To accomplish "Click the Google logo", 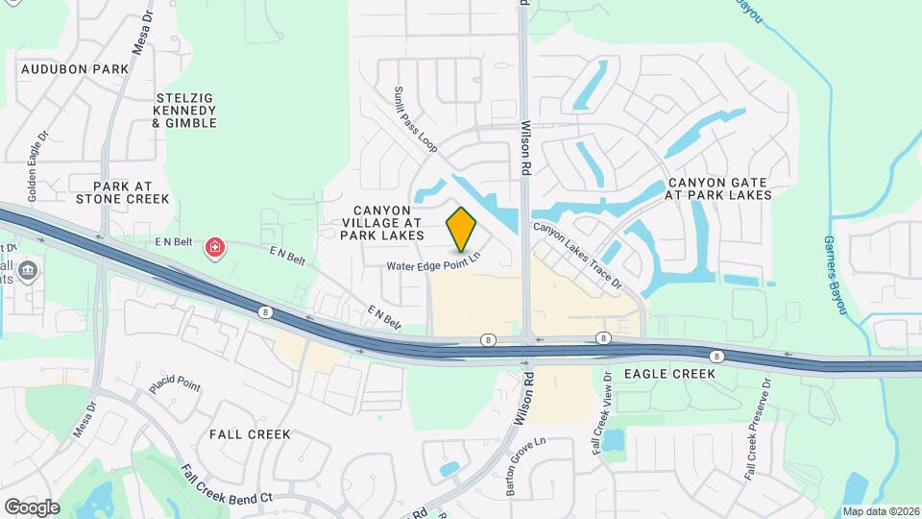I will pyautogui.click(x=32, y=507).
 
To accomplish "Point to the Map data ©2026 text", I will pyautogui.click(x=881, y=511).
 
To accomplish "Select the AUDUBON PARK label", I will pyautogui.click(x=75, y=69).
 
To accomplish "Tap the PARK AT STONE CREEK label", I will pyautogui.click(x=132, y=192).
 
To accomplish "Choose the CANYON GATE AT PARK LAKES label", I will pyautogui.click(x=719, y=188).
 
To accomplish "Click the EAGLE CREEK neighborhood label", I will pyautogui.click(x=669, y=373).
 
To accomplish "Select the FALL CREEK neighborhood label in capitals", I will pyautogui.click(x=250, y=434).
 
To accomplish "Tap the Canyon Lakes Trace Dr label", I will pyautogui.click(x=578, y=257).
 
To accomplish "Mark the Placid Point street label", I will pyautogui.click(x=175, y=384).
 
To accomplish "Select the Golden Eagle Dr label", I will pyautogui.click(x=36, y=165).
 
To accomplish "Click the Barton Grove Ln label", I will pyautogui.click(x=525, y=466).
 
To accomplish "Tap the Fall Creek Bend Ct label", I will pyautogui.click(x=228, y=485).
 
